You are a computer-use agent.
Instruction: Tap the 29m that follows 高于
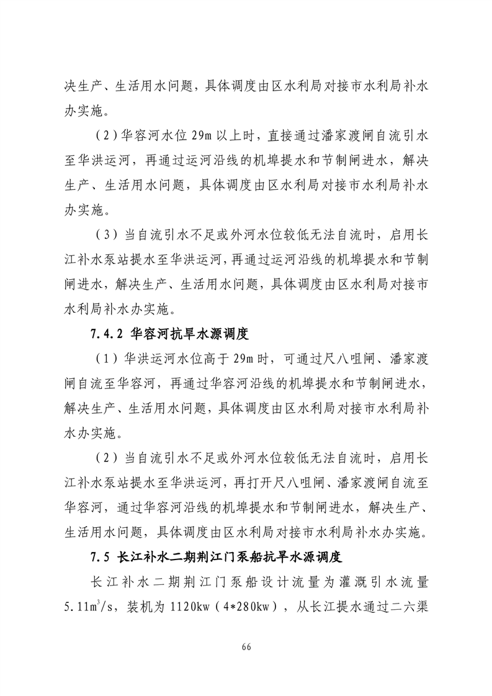point(248,359)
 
